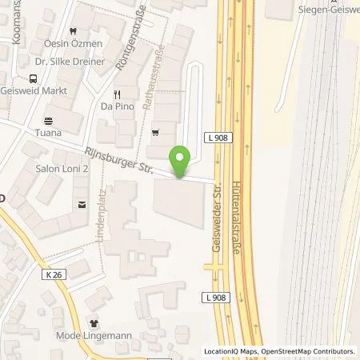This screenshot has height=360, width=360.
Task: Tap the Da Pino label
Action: tap(116, 106)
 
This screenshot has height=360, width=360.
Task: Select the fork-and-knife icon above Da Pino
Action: tap(116, 92)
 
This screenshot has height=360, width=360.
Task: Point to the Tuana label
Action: tap(48, 133)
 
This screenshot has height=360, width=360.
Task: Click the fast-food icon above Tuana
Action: tap(48, 120)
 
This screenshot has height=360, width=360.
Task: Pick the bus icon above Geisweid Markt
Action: tap(33, 78)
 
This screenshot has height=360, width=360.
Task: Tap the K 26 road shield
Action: tap(53, 274)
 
